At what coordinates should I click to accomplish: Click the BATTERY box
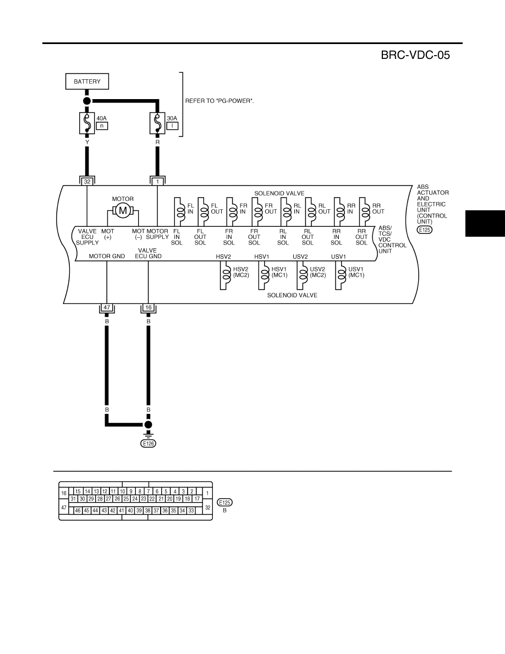point(87,81)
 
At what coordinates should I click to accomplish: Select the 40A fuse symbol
point(87,123)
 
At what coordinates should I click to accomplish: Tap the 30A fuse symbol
point(157,123)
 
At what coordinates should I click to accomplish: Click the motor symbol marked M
point(123,211)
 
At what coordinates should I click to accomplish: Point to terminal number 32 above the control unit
point(87,182)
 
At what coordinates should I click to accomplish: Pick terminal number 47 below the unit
point(107,307)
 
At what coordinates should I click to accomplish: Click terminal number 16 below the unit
point(149,307)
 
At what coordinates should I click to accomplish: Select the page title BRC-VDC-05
point(415,55)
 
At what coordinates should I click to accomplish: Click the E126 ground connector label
point(149,443)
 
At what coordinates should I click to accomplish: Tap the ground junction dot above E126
point(149,424)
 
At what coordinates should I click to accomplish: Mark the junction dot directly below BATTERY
point(87,101)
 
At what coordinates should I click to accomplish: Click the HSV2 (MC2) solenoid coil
point(226,275)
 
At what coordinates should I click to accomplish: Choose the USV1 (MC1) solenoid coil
point(341,275)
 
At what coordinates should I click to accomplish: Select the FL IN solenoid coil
point(179,211)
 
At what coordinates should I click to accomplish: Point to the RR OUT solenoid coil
point(365,211)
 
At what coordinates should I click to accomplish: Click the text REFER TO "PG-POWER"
point(219,101)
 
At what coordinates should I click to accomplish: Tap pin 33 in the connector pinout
point(191,510)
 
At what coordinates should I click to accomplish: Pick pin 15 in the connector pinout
point(78,492)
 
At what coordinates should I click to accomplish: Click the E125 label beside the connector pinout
point(224,503)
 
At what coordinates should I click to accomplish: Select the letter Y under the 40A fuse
point(87,142)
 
